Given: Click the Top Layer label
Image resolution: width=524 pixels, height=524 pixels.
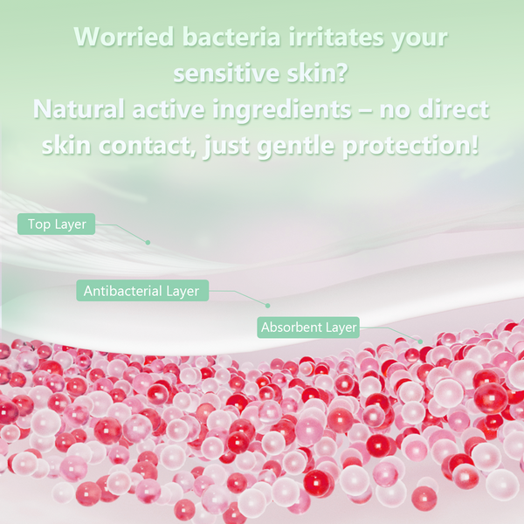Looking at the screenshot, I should click(57, 224).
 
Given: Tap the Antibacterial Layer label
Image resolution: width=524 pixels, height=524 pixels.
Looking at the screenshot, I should click(141, 291).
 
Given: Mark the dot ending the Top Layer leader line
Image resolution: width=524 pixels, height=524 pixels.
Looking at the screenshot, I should click(148, 242).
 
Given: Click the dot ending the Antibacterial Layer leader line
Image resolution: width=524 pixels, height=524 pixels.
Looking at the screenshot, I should click(268, 305).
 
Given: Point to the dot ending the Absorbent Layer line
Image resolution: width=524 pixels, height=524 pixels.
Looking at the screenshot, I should click(420, 341).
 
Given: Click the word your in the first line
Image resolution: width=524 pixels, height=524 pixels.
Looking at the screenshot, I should click(417, 37).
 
